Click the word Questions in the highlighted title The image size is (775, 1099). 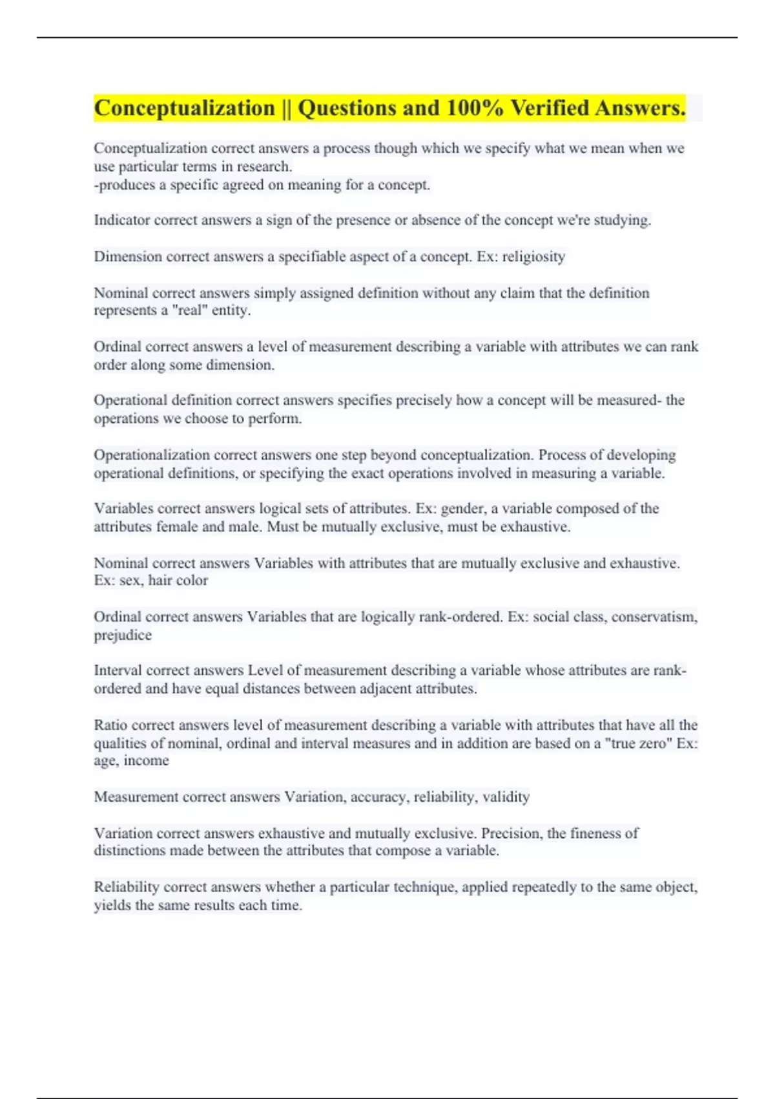pos(347,108)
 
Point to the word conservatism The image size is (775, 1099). pos(654,617)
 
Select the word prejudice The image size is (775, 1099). pos(123,635)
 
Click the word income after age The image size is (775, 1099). pos(146,761)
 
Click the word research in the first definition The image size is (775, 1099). pos(263,167)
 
